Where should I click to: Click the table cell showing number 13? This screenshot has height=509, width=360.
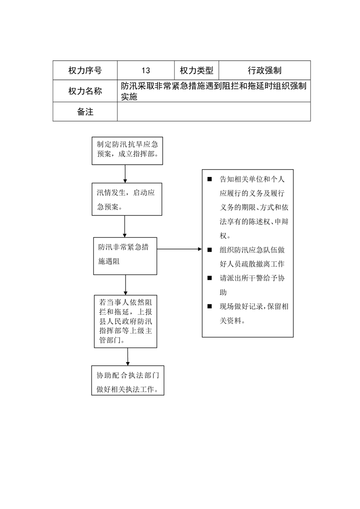coord(146,70)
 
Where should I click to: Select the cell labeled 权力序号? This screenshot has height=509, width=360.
coord(85,70)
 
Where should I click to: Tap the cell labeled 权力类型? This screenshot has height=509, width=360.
coord(196,70)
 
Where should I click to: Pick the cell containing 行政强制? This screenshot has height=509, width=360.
coord(265,70)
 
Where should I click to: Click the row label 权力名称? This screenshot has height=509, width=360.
coord(85,91)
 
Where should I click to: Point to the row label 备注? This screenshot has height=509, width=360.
coord(85,112)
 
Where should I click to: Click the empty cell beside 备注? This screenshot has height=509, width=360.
coord(214,112)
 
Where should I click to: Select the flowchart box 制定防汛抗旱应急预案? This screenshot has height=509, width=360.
coord(127,151)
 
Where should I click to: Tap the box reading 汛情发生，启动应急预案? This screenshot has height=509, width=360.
coord(127,199)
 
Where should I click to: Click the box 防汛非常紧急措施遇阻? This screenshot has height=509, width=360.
coord(125,256)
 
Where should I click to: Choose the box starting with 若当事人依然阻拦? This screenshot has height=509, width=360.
coord(126,321)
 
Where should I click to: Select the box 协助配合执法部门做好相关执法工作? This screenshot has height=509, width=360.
coord(128,381)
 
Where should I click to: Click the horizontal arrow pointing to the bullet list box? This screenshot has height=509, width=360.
coord(180,249)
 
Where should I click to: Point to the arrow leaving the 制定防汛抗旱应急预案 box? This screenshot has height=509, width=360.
coord(125,174)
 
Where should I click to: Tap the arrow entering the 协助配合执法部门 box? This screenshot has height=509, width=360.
coord(127,357)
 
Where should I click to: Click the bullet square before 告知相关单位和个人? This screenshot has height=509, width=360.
coord(209,179)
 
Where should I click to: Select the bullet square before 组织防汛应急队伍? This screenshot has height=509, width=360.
coord(209,250)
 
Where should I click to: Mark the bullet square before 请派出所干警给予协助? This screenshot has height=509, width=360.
coord(209,278)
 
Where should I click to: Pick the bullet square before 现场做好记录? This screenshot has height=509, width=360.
coord(209,306)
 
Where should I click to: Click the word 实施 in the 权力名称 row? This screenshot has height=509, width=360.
coord(129,97)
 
